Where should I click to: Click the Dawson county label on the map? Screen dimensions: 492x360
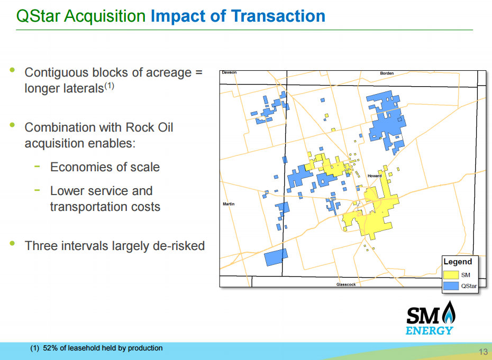(229, 72)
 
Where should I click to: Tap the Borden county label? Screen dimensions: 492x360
(387, 73)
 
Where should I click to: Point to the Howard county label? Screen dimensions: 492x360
(375, 176)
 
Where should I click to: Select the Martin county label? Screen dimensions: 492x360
(229, 204)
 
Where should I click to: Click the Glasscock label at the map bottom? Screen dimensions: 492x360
(346, 284)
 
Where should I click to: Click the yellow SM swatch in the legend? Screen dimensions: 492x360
(451, 275)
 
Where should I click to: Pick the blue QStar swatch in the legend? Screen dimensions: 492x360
(451, 285)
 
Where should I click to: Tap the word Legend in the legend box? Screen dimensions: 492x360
(458, 262)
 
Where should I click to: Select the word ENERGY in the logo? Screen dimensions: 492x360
(429, 330)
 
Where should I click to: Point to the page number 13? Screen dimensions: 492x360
(483, 352)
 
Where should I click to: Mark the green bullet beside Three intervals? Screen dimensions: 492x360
(12, 243)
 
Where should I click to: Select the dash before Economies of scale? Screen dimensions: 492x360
(37, 166)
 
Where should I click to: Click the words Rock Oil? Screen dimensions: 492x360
(149, 127)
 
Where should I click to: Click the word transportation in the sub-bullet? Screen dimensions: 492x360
(87, 207)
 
